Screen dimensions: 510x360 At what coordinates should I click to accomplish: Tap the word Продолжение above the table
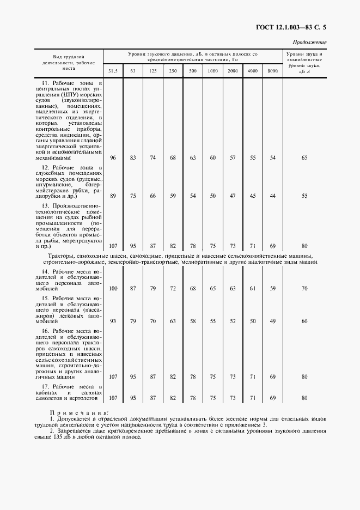pos(309,42)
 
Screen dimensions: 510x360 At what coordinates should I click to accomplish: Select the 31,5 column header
pos(113,71)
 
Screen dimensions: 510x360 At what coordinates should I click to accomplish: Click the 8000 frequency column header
pos(272,71)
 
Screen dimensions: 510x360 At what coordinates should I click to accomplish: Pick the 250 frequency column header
pos(173,71)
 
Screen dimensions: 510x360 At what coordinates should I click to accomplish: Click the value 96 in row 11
pos(113,157)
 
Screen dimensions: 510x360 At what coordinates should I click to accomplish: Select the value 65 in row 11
pos(304,157)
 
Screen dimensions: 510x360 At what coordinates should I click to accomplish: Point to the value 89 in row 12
pos(113,195)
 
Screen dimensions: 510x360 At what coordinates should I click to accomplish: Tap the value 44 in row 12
pos(273,195)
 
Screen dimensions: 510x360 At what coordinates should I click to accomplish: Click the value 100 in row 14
pos(113,288)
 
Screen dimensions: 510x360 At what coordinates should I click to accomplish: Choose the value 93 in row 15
pos(113,321)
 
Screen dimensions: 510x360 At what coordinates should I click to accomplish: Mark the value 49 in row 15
pos(273,321)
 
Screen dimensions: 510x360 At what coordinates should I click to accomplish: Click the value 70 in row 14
pos(304,288)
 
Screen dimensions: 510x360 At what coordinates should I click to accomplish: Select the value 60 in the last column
pos(304,321)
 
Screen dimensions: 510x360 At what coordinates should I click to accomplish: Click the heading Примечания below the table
pos(79,414)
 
